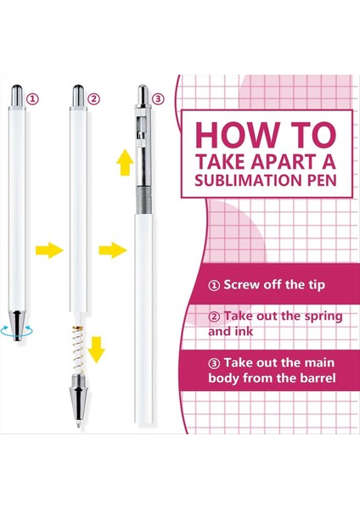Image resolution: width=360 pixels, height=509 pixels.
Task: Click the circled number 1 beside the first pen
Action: [x=32, y=98]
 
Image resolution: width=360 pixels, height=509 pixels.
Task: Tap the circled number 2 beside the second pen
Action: [x=93, y=98]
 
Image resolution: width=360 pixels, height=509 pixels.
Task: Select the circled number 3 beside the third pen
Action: [x=158, y=98]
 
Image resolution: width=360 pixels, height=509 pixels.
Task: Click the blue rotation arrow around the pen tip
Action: [x=17, y=332]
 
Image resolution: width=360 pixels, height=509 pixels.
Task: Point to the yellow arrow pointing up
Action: [x=125, y=163]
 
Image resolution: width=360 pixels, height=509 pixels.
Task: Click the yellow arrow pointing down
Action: [x=97, y=350]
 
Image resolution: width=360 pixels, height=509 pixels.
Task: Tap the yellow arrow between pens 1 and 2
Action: [x=49, y=250]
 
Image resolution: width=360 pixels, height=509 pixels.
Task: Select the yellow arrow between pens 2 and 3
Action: [x=113, y=250]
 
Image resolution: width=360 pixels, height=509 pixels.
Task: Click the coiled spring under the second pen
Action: [x=78, y=350]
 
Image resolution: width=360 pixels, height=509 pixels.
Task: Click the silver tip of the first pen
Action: [x=17, y=326]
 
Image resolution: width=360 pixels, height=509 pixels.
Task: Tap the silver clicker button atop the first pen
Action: [x=17, y=96]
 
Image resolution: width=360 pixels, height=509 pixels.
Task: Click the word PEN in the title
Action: [x=322, y=180]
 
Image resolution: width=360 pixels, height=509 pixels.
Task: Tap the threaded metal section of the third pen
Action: [x=144, y=200]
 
